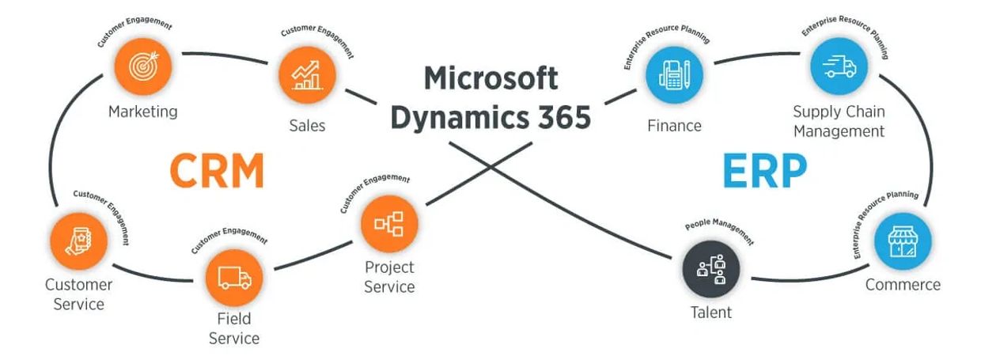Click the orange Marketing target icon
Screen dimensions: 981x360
[x=143, y=66]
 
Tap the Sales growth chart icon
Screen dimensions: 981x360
[x=307, y=75]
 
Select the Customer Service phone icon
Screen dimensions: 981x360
[x=79, y=241]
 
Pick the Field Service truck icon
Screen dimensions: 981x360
[x=234, y=278]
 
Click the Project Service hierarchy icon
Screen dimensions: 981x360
[x=389, y=223]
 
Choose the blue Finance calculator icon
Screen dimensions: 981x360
[x=674, y=75]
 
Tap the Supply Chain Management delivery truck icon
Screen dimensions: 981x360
[x=839, y=66]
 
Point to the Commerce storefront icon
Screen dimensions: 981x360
[x=903, y=241]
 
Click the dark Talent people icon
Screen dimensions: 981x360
[x=711, y=269]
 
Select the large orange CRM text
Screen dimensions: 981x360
[x=218, y=170]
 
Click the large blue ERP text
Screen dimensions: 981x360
[x=764, y=170]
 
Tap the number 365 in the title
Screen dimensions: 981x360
[x=565, y=117]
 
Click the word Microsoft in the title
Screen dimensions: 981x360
[x=491, y=78]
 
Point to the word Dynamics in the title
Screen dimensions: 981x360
[x=460, y=118]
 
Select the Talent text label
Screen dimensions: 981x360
[x=711, y=313]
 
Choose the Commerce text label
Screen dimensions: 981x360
[x=903, y=285]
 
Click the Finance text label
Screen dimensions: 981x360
[x=674, y=126]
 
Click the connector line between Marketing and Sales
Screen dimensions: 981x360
[x=225, y=56]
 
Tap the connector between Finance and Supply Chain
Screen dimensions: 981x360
[x=756, y=56]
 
